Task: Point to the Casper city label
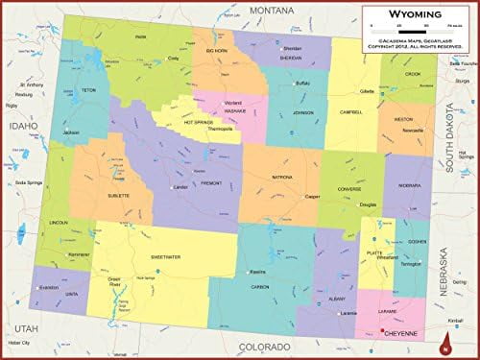[313, 196]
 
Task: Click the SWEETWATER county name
[166, 257]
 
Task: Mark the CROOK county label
[414, 73]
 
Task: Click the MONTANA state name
[272, 9]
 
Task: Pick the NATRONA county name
[282, 178]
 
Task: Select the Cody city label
[175, 58]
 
